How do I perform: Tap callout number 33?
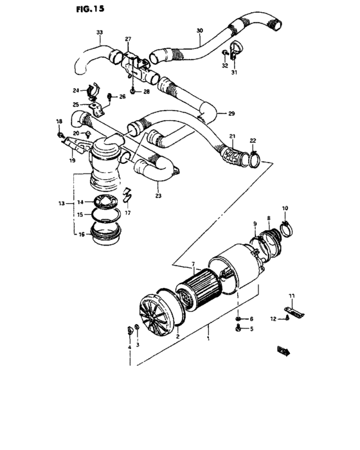[99, 32]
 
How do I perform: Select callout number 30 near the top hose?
[199, 30]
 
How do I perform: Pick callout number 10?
[285, 208]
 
